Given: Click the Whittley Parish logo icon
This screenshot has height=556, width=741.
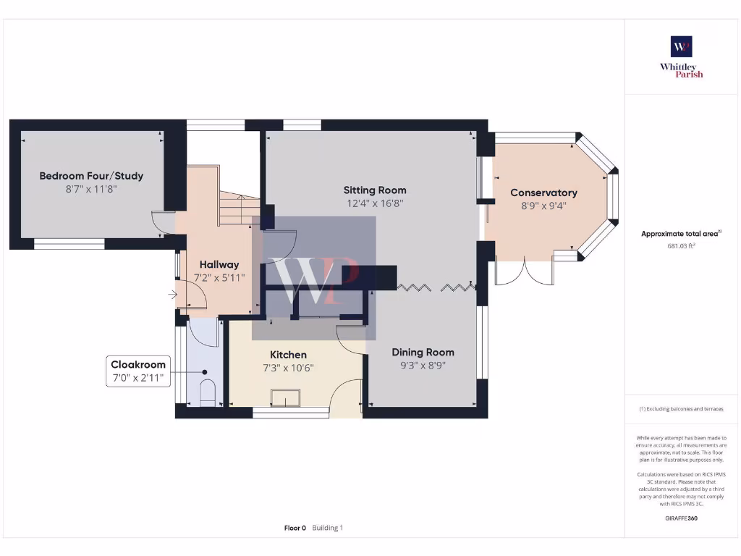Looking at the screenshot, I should pos(682,46).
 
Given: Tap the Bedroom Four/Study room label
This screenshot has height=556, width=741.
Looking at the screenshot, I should pos(91,176).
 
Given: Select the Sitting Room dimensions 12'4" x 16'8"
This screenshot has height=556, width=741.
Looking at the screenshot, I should pos(374,204).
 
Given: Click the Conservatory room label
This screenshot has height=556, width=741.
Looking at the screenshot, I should pos(543,193).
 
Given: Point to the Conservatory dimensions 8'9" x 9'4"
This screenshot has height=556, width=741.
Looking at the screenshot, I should pos(543,206).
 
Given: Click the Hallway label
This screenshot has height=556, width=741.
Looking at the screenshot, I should pos(219,264).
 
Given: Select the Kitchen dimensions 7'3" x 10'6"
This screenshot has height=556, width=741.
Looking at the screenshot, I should pos(288,367).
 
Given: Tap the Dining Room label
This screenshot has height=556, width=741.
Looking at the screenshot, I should pos(423,353).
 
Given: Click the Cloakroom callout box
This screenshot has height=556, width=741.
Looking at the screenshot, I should pos(138,371).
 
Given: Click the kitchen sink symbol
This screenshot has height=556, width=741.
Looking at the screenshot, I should pos(285,398).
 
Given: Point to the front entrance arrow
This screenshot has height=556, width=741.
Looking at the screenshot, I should pos(172,295).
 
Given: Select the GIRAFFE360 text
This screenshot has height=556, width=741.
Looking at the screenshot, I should pos(681,518).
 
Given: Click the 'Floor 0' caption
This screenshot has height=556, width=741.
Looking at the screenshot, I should pos(295,528).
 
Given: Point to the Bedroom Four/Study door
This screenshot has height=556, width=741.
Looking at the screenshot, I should pos(162,222).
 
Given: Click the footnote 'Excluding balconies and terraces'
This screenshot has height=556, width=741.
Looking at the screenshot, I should pos(681,409).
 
